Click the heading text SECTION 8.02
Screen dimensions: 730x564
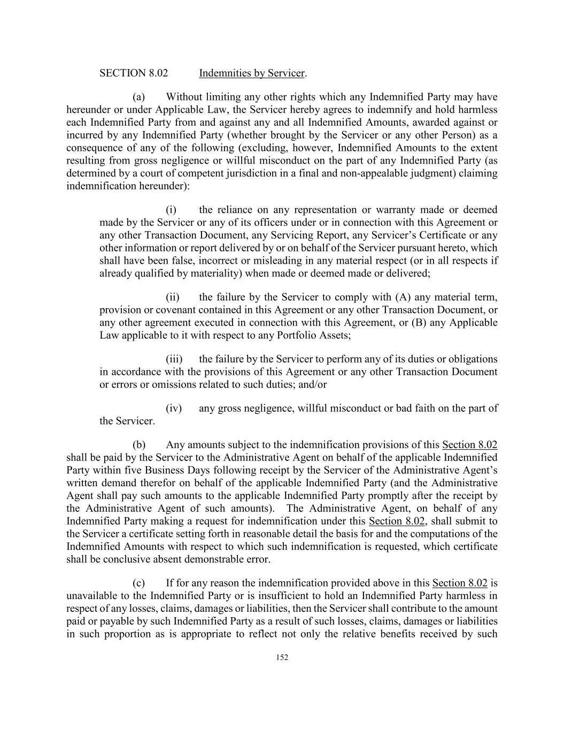coord(134,73)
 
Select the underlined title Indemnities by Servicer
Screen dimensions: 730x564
coord(251,73)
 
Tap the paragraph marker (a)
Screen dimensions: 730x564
coord(139,97)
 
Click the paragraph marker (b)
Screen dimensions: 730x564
coord(139,445)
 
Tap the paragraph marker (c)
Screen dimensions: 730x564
coord(139,583)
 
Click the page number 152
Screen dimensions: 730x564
coord(282,658)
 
